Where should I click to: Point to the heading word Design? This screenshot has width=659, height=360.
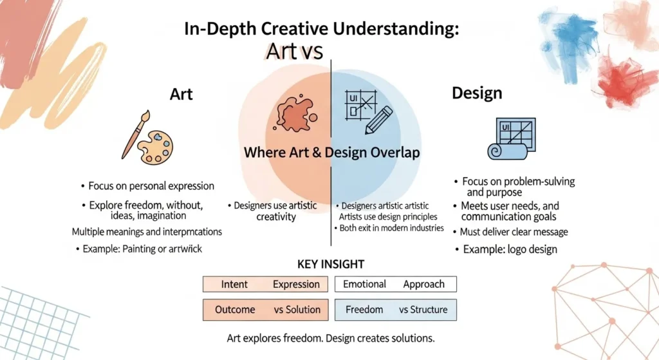[476, 93]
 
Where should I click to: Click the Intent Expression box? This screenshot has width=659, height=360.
[266, 284]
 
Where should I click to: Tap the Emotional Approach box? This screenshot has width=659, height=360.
[395, 284]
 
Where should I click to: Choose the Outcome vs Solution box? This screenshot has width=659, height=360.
[266, 310]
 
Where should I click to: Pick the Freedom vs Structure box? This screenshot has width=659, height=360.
[395, 310]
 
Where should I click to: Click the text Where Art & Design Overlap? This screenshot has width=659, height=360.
[332, 153]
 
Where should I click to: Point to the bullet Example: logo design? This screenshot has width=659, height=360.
[506, 249]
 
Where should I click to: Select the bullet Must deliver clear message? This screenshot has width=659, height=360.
[514, 232]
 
